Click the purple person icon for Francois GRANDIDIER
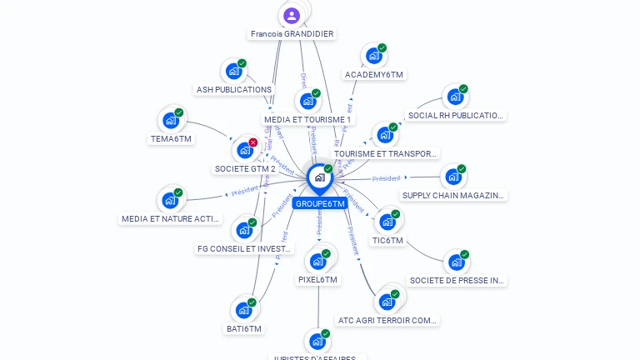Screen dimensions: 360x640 click(292, 15)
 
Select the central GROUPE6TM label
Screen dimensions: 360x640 click(319, 203)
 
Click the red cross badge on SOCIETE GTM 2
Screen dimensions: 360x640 click(252, 142)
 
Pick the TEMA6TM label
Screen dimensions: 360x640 click(171, 138)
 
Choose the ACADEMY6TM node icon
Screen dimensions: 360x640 click(372, 56)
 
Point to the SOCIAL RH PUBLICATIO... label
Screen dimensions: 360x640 click(456, 116)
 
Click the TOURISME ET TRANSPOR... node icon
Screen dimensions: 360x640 click(383, 135)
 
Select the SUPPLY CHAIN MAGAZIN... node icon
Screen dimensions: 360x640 click(452, 177)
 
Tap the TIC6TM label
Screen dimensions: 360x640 click(387, 241)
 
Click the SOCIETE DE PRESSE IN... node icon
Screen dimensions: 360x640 click(455, 262)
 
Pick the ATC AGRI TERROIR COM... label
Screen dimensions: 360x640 click(387, 320)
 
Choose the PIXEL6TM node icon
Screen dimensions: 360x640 click(317, 261)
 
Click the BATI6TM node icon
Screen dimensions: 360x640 click(243, 310)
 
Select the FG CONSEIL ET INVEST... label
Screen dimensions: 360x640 click(245, 248)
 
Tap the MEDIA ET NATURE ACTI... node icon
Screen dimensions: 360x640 click(170, 200)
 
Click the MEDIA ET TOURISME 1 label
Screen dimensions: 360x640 click(307, 120)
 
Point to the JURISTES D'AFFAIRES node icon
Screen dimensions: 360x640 click(316, 341)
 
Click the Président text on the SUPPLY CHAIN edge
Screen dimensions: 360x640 click(386, 178)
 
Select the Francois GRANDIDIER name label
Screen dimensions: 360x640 click(292, 34)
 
